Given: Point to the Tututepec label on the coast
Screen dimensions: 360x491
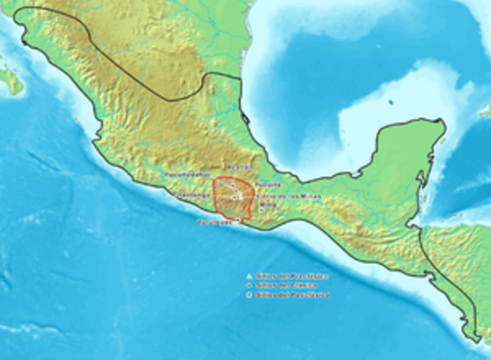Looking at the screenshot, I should (x=216, y=223).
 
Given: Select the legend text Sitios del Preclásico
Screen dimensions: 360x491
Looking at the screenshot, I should (x=292, y=276).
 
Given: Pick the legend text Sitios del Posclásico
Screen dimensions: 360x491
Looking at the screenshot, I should (x=292, y=294).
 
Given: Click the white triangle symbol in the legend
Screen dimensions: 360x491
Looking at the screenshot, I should (x=249, y=276).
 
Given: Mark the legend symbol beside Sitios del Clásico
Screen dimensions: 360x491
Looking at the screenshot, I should (x=249, y=285).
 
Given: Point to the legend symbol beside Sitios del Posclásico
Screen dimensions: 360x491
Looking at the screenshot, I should (x=249, y=294).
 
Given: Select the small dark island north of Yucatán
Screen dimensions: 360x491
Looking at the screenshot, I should (x=390, y=102).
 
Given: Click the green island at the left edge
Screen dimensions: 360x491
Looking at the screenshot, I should (x=9, y=79).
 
